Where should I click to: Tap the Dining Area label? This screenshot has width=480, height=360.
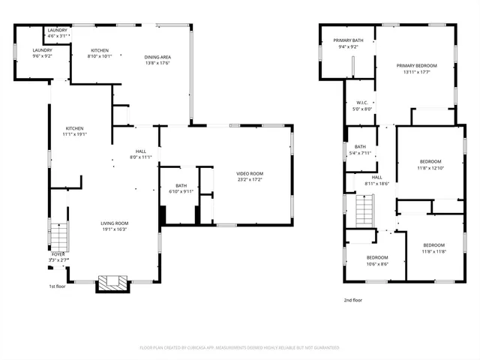(x=157, y=57)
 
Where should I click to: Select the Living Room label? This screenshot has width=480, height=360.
(x=115, y=223)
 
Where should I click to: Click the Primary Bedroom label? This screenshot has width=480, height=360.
(x=416, y=66)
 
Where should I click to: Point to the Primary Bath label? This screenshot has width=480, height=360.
(x=348, y=40)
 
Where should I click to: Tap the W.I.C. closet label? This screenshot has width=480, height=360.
(x=361, y=103)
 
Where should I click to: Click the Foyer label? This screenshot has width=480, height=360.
(x=58, y=254)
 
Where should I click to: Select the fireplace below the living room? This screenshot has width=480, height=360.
(x=111, y=283)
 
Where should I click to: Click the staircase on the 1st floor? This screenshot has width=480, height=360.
(x=59, y=235)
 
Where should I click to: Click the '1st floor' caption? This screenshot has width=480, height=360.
(x=58, y=286)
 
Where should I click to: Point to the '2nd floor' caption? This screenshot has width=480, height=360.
(x=352, y=300)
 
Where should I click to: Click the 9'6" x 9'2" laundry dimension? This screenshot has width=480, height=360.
(x=42, y=56)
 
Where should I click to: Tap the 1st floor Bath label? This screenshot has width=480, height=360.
(x=181, y=185)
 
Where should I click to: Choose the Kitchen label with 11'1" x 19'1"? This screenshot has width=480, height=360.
(x=74, y=128)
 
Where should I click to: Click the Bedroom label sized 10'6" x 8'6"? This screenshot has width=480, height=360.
(x=377, y=257)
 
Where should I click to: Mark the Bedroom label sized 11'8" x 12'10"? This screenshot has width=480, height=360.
(x=430, y=161)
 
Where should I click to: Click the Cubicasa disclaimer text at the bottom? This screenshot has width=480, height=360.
(x=239, y=348)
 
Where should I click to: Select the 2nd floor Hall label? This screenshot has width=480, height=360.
(x=376, y=177)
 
